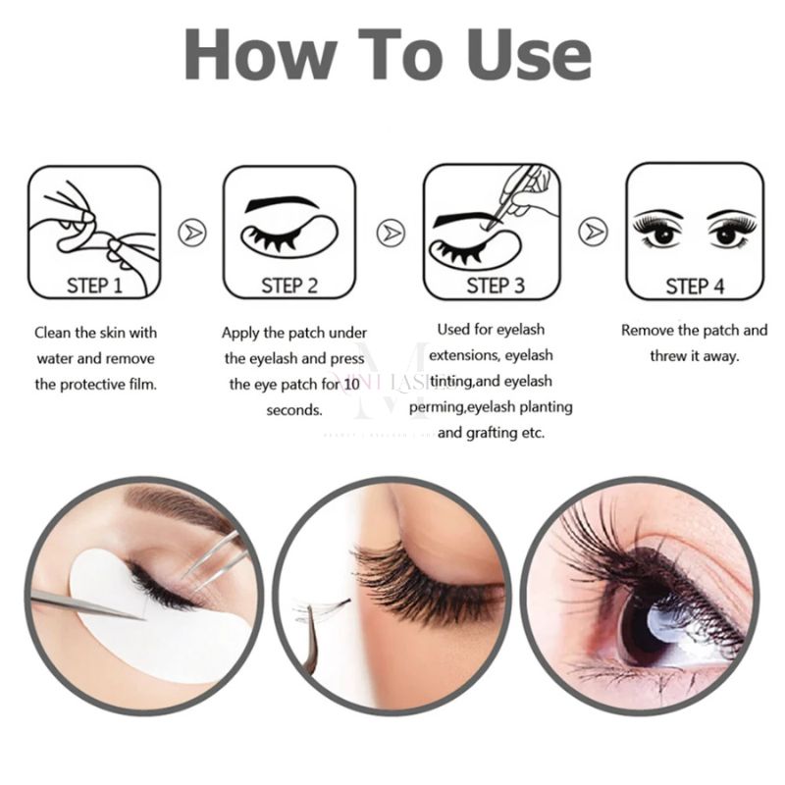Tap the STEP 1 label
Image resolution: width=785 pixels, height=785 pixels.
coord(94,286)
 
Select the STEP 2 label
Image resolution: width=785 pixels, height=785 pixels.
coord(289,286)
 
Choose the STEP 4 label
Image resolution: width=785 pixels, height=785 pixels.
coord(695,286)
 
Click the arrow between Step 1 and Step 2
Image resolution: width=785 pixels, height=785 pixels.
coord(192,233)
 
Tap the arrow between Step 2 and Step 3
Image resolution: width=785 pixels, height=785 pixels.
coord(392,233)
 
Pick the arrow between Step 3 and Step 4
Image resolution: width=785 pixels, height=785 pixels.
coord(593,233)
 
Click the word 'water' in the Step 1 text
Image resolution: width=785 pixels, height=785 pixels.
coord(56,358)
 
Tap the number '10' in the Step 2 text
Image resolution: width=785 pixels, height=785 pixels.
coord(352,384)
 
